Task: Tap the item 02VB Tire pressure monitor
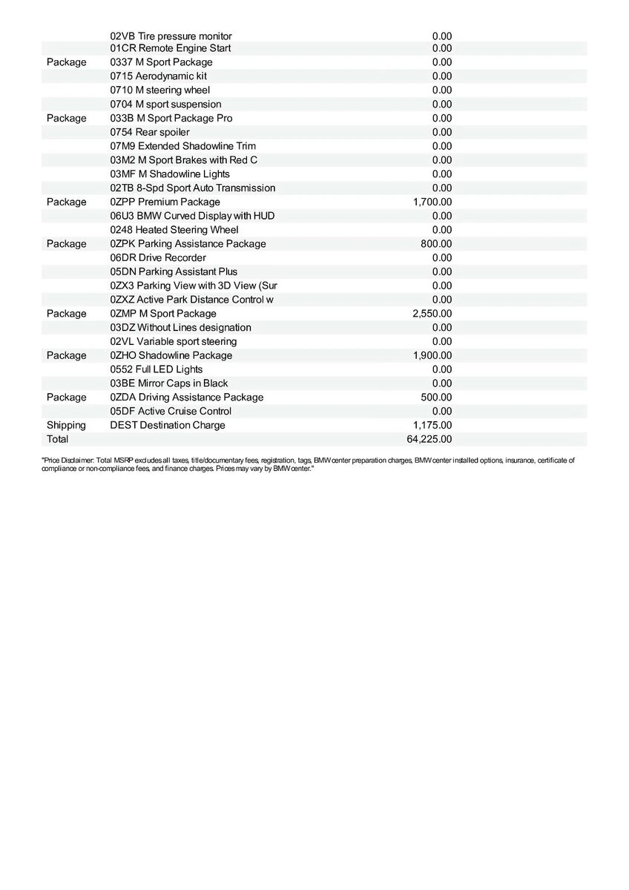pyautogui.click(x=171, y=36)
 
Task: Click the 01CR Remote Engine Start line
pyautogui.click(x=171, y=48)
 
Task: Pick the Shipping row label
pyautogui.click(x=66, y=425)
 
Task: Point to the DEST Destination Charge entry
pyautogui.click(x=168, y=425)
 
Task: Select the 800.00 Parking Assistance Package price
pyautogui.click(x=436, y=244)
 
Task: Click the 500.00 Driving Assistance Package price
pyautogui.click(x=436, y=398)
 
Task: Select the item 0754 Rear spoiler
pyautogui.click(x=150, y=132)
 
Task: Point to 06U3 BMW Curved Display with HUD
pyautogui.click(x=192, y=216)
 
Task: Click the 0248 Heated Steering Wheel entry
pyautogui.click(x=174, y=230)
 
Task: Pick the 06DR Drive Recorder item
pyautogui.click(x=158, y=257)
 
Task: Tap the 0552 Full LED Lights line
pyautogui.click(x=157, y=369)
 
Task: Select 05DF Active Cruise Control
pyautogui.click(x=171, y=411)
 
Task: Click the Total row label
pyautogui.click(x=58, y=439)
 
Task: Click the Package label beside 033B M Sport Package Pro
pyautogui.click(x=66, y=118)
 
